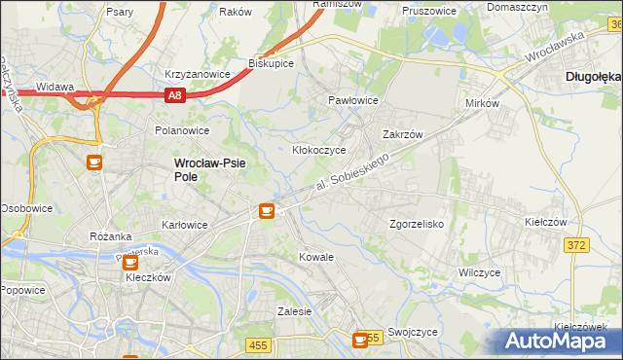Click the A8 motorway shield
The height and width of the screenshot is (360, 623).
click(173, 95)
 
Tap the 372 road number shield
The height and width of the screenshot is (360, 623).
click(576, 245)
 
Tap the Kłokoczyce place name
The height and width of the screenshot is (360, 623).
click(319, 151)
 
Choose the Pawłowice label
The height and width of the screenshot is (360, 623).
click(352, 100)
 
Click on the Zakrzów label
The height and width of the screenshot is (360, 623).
click(402, 135)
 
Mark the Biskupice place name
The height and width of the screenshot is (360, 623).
click(272, 62)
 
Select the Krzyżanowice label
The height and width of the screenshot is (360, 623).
click(197, 74)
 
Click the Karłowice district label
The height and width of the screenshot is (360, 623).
click(184, 225)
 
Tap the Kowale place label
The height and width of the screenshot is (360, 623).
click(316, 257)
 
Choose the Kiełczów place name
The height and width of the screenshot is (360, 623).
click(545, 222)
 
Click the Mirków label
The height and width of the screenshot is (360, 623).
click(482, 102)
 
